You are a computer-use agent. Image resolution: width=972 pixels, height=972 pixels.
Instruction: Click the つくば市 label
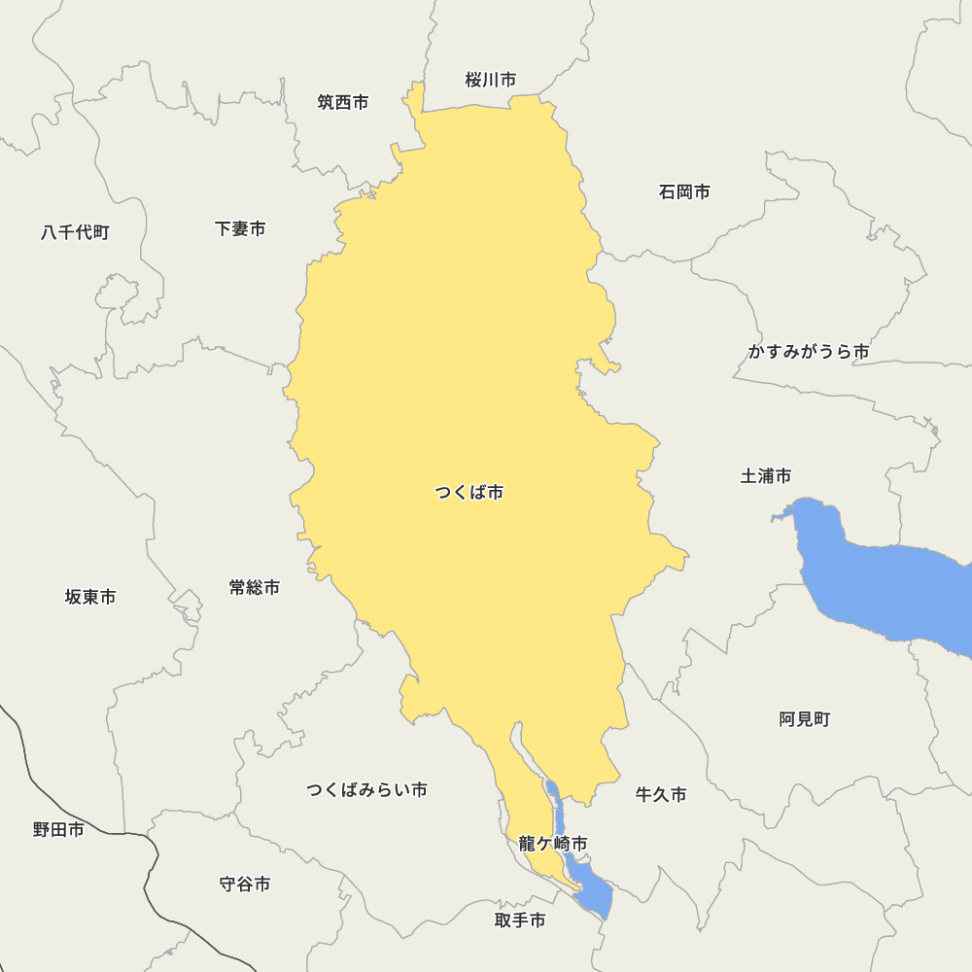469,493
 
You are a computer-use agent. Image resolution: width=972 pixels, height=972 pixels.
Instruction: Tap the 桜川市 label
490,80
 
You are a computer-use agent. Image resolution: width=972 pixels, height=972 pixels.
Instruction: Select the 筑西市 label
343,102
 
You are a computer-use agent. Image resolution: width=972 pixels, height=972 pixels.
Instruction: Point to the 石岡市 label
684,191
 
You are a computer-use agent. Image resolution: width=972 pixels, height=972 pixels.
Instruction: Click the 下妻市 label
240,228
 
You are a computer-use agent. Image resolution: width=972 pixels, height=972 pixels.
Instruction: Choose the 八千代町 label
75,232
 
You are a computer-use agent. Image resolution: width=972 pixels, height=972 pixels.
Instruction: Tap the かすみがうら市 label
808,352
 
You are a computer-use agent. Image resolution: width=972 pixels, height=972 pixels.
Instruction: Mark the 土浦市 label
766,475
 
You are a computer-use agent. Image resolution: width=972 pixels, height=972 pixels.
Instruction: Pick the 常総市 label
255,587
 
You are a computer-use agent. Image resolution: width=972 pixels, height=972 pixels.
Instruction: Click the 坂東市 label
90,597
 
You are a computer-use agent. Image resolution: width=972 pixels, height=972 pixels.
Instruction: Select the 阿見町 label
805,719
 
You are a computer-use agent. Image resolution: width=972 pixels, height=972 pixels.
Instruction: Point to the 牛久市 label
661,795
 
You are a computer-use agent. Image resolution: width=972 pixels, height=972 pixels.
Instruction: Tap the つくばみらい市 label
366,789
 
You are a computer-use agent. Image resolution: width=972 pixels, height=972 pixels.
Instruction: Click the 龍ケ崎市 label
552,844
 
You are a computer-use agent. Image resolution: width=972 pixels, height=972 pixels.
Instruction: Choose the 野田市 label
58,829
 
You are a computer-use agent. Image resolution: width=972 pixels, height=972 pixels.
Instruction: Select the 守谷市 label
245,885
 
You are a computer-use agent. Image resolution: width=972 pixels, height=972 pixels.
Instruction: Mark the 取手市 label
520,920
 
